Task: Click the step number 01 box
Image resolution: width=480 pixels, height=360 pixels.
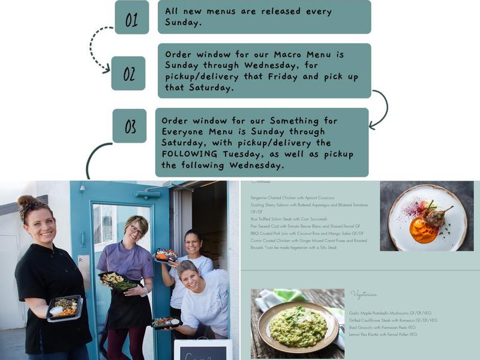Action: click(131, 17)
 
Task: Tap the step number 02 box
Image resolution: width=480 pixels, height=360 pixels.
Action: click(128, 73)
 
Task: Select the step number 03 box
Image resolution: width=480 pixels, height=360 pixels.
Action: click(130, 126)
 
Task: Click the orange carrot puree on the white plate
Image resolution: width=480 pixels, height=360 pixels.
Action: click(424, 230)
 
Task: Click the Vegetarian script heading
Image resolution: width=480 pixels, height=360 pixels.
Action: click(364, 295)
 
